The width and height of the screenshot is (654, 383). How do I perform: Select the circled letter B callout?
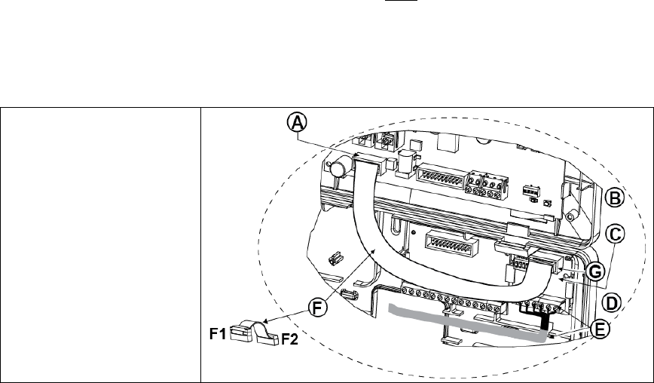(x=616, y=198)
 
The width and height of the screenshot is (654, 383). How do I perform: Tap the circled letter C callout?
(x=615, y=234)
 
